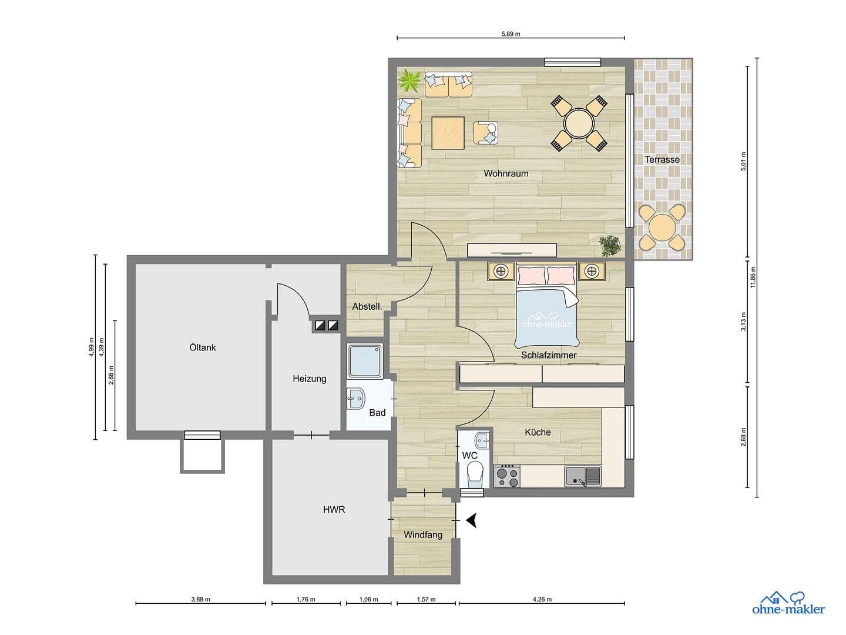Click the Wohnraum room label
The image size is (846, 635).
(506, 173)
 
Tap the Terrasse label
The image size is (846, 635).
(662, 159)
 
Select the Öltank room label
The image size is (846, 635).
(203, 347)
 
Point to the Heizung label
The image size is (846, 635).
(310, 379)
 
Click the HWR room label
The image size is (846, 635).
(334, 510)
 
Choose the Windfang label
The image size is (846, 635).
(423, 535)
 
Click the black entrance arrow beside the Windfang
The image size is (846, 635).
(472, 520)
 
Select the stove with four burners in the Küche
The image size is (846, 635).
(507, 476)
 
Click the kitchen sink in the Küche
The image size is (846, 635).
(583, 476)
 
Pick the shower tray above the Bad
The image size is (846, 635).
(365, 361)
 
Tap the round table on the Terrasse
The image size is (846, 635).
(662, 226)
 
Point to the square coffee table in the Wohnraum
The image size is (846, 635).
(448, 133)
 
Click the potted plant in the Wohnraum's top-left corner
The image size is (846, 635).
(409, 81)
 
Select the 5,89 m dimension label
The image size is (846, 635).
(511, 34)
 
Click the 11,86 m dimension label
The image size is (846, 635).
(753, 278)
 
